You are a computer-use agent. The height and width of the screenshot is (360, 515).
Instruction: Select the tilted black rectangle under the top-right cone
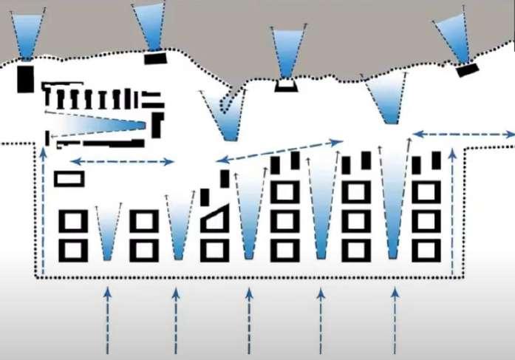468,70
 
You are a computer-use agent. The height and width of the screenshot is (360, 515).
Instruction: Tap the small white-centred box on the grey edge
286,85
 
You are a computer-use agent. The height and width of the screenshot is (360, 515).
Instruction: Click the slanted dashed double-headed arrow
280,149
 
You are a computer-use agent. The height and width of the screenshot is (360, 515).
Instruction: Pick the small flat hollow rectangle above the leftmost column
69,178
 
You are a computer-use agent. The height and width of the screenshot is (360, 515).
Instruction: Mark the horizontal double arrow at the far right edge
463,135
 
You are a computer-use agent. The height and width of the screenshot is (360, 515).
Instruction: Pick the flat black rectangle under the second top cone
156,58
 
